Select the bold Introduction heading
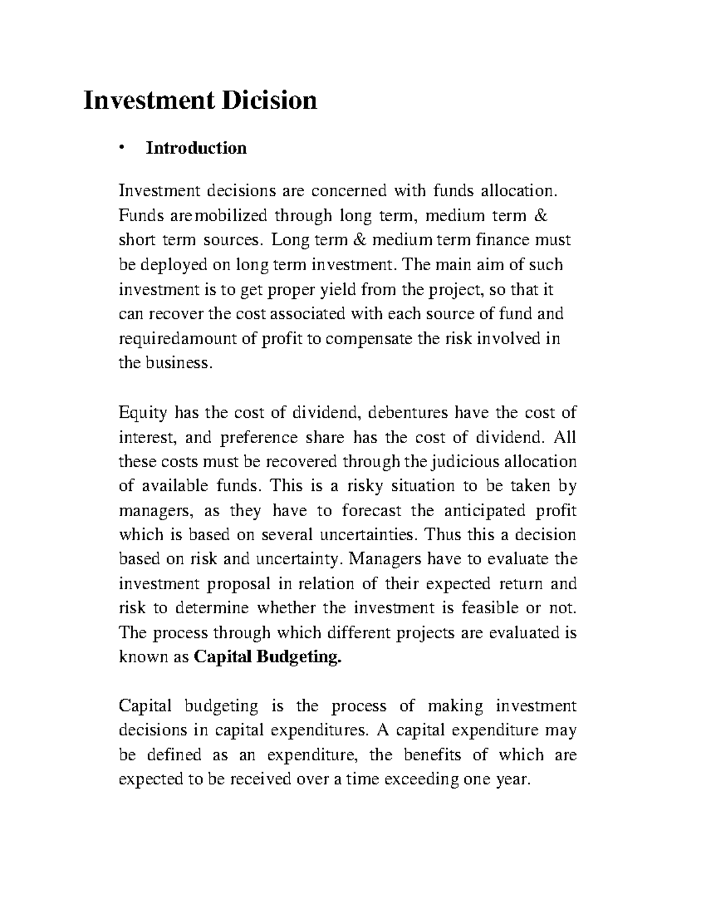pos(196,148)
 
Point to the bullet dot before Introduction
pos(122,148)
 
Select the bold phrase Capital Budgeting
pos(267,657)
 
